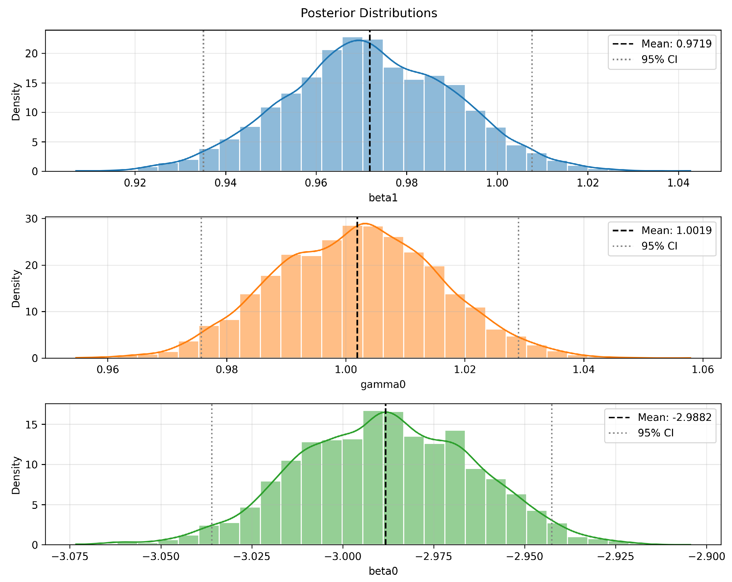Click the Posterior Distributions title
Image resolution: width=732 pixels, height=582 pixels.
(x=369, y=13)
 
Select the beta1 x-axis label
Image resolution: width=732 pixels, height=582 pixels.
(x=383, y=198)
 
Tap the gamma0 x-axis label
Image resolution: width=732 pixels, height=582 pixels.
(x=383, y=384)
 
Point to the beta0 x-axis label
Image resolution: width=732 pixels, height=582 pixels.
(x=383, y=571)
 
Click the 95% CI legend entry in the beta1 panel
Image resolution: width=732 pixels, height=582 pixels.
(x=659, y=59)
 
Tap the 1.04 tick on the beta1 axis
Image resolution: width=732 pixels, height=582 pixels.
(x=678, y=183)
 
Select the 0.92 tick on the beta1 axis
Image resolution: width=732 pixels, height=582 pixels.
(x=135, y=183)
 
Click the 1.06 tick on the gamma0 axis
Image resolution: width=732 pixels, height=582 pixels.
(x=703, y=369)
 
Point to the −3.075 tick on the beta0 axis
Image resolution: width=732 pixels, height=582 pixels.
(x=70, y=557)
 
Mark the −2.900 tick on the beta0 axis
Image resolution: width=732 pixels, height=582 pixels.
(x=707, y=557)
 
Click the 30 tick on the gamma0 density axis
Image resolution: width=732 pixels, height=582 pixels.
(x=31, y=219)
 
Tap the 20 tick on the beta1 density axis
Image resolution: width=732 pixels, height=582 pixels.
(x=31, y=54)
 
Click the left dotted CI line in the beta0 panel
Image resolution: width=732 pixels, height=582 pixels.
(x=212, y=475)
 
